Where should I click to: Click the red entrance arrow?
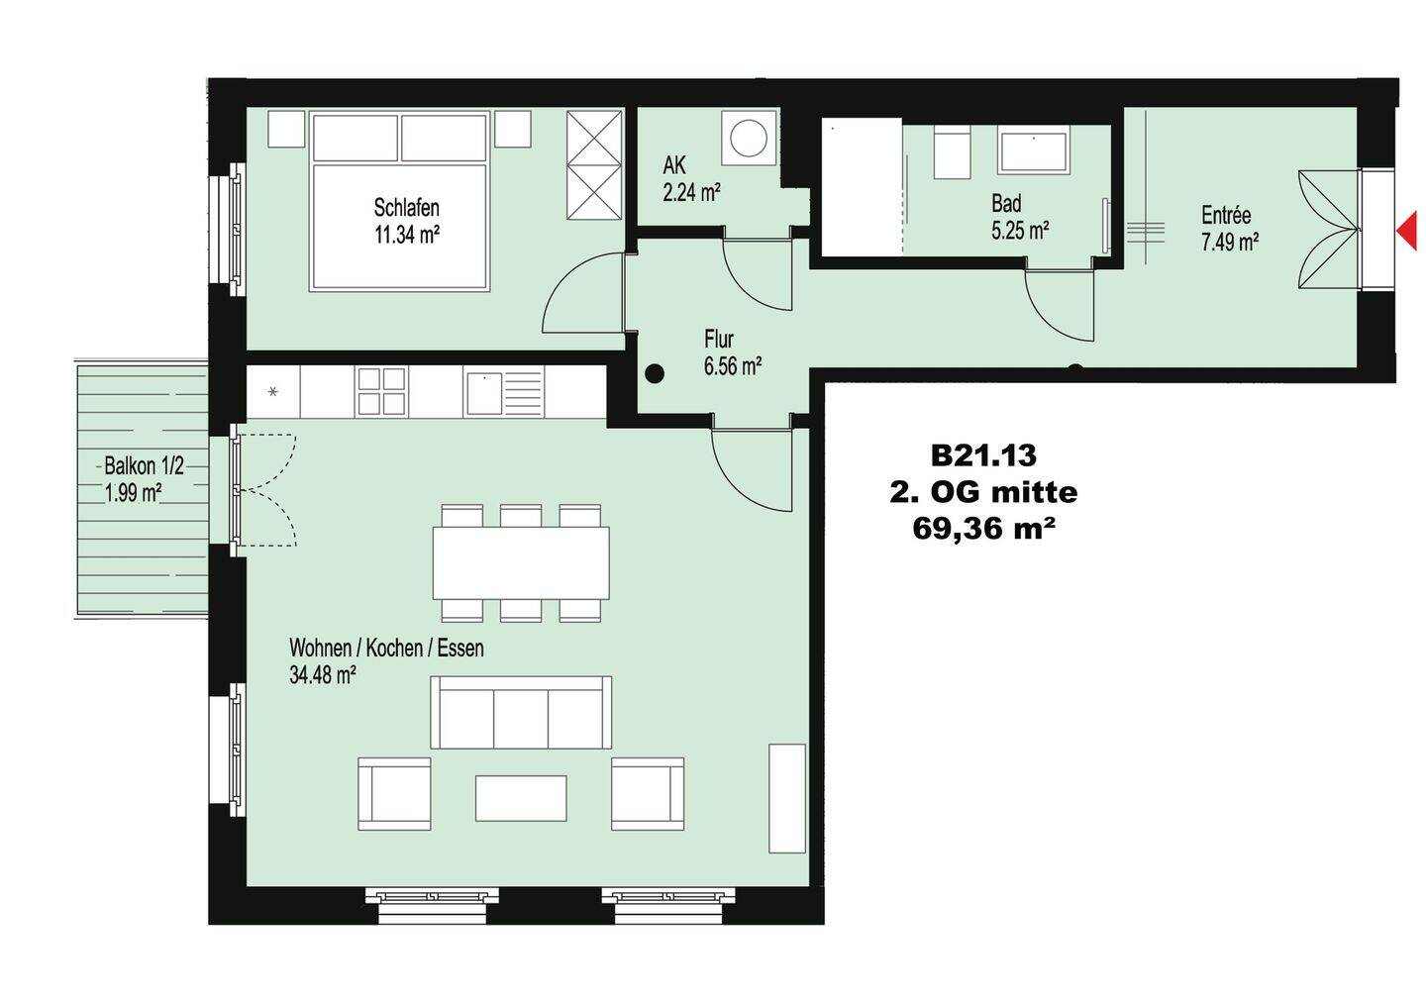[x=1407, y=230]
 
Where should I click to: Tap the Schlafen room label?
[x=406, y=208]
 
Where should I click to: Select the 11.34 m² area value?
[x=407, y=235]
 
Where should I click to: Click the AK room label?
[x=674, y=165]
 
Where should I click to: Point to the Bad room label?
[x=1006, y=203]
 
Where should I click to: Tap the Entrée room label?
[x=1226, y=215]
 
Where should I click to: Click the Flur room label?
[x=718, y=339]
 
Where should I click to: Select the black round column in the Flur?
[x=654, y=373]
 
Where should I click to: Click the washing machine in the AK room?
[x=749, y=139]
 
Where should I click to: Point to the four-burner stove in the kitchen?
[x=381, y=391]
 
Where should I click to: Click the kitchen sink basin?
[x=484, y=393]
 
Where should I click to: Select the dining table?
[x=521, y=562]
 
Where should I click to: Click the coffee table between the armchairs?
[x=521, y=798]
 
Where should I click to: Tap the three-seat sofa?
[x=521, y=713]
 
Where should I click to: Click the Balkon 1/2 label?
[x=144, y=466]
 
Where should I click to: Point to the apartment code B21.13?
[x=983, y=455]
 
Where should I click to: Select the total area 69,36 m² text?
[x=980, y=529]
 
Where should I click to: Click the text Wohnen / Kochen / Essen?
[x=386, y=649]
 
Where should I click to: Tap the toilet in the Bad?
[x=953, y=151]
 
